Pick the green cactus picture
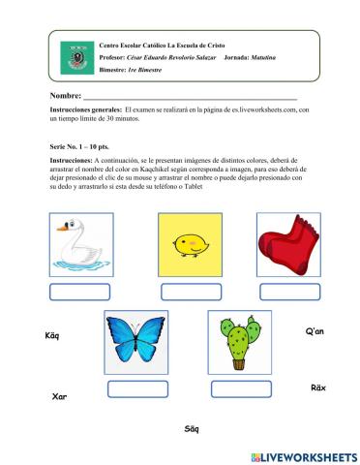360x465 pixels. pos(237,341)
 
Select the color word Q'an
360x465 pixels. pos(315,332)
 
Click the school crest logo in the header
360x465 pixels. pos(76,60)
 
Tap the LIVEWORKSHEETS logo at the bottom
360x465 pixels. pos(303,455)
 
